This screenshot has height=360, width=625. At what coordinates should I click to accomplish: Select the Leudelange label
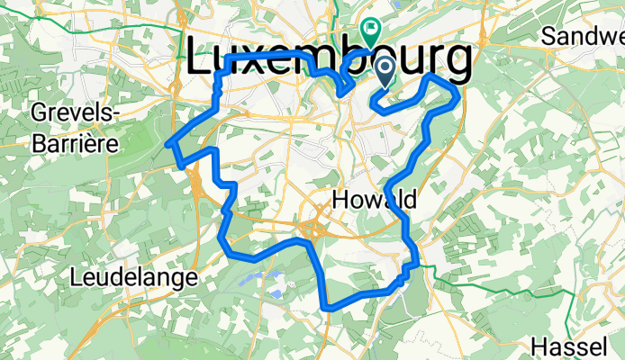click(x=134, y=278)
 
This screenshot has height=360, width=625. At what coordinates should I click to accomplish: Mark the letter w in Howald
click(x=378, y=200)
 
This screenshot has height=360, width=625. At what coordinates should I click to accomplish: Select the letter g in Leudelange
click(x=171, y=280)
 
